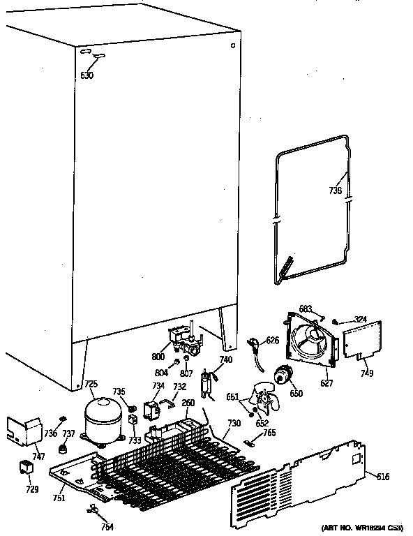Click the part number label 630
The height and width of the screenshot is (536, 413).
(87, 75)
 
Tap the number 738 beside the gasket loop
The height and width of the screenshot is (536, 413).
(335, 190)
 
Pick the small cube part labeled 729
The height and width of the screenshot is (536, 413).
(27, 468)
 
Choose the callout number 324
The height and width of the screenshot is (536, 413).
(359, 320)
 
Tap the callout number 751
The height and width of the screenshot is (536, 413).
(59, 498)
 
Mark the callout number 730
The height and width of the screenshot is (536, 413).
(234, 424)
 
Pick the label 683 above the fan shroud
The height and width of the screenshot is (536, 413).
(306, 308)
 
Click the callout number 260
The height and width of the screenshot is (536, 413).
(188, 402)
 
